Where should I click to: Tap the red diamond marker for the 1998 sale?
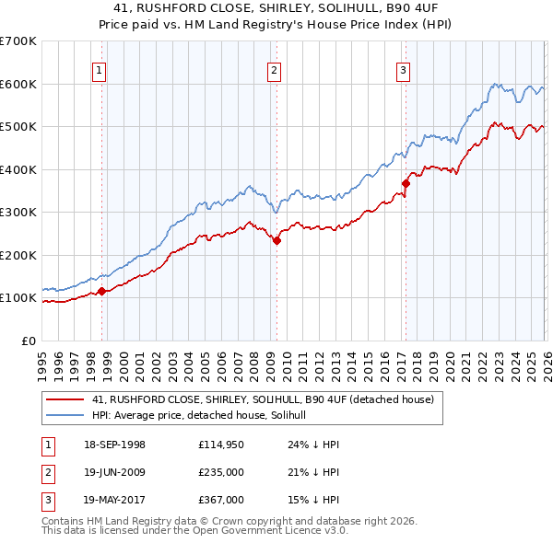pyautogui.click(x=102, y=292)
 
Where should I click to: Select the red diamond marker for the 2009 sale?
pyautogui.click(x=276, y=241)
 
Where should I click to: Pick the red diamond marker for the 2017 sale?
pyautogui.click(x=406, y=184)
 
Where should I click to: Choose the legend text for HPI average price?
pyautogui.click(x=205, y=415)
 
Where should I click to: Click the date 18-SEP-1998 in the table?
pyautogui.click(x=113, y=445)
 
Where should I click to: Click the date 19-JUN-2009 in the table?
pyautogui.click(x=113, y=472)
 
